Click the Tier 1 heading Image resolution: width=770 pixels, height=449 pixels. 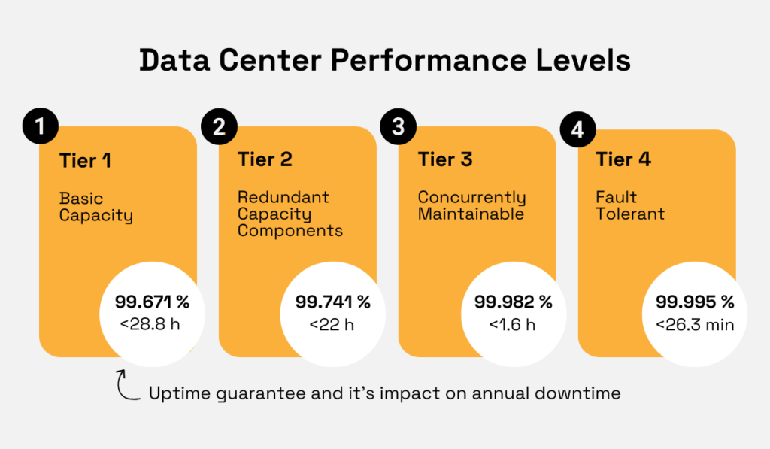[x=85, y=160]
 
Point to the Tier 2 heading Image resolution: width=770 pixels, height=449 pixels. [x=265, y=159]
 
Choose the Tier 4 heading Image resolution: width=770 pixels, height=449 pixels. [x=623, y=159]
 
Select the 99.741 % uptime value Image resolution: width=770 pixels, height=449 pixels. [x=332, y=302]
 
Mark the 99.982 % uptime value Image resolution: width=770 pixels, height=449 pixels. [x=513, y=302]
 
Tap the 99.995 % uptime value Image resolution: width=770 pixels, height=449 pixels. [x=694, y=302]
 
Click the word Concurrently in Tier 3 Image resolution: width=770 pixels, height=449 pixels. [x=471, y=198]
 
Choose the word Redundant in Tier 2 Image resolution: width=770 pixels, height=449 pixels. [x=283, y=197]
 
